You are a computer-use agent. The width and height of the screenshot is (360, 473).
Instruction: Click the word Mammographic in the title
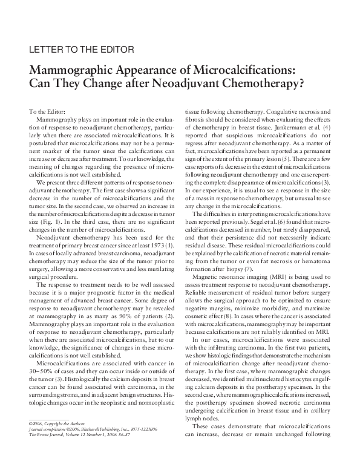coord(74,68)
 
